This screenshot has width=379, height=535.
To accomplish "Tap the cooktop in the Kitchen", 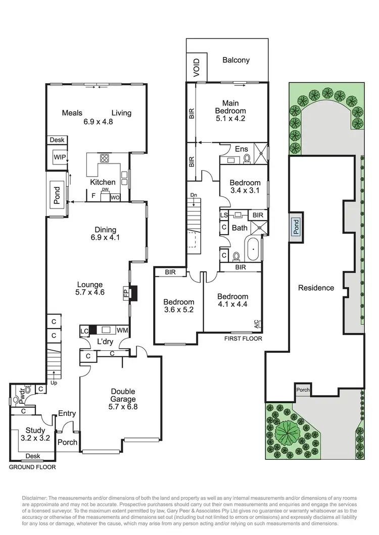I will tap(105, 158).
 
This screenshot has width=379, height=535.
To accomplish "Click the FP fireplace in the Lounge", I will tap(125, 293).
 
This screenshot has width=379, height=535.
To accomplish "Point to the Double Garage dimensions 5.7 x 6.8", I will tap(123, 407).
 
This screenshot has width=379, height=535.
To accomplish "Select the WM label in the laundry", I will tap(122, 330).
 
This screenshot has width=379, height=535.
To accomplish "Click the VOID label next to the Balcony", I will tap(197, 67).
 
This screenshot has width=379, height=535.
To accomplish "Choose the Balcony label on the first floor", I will tap(236, 60).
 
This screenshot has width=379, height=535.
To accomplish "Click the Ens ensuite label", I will tap(241, 149).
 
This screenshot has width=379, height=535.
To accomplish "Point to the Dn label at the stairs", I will tap(194, 195).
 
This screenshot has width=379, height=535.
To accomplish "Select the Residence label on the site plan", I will tap(316, 288).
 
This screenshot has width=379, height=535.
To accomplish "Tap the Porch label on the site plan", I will tap(303, 390).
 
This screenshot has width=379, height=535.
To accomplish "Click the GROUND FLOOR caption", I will tap(32, 467).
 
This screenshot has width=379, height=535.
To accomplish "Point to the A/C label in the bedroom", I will tap(256, 323).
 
